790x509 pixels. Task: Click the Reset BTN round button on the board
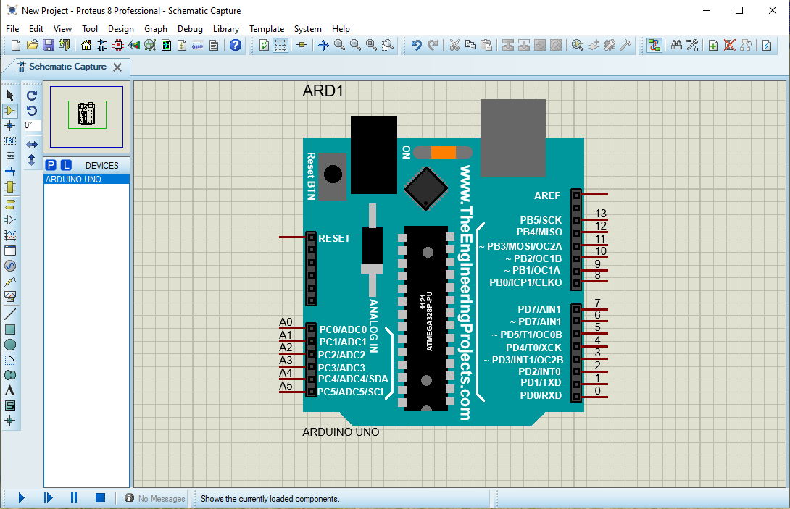coord(333,174)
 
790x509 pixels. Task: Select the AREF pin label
coord(547,195)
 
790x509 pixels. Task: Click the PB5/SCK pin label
coord(541,220)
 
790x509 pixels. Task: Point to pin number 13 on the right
coord(600,214)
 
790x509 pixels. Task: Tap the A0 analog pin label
coord(286,322)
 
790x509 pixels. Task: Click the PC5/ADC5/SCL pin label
coord(352,392)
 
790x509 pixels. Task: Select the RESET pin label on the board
coord(334,238)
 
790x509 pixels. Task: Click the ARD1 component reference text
coord(323,91)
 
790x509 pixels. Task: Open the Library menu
coord(226,29)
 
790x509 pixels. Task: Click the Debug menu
coord(190,29)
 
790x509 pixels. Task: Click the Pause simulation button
coord(73,498)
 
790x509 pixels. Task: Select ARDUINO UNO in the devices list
coord(73,180)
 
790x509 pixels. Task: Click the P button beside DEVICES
coord(51,165)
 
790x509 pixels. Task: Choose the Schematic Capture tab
coord(67,67)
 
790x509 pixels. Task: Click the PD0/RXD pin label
coord(541,395)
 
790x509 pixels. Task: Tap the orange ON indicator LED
coord(443,152)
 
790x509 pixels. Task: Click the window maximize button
coord(739,10)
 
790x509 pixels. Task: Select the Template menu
coord(267,29)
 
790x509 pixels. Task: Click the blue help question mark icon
coord(235,45)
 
